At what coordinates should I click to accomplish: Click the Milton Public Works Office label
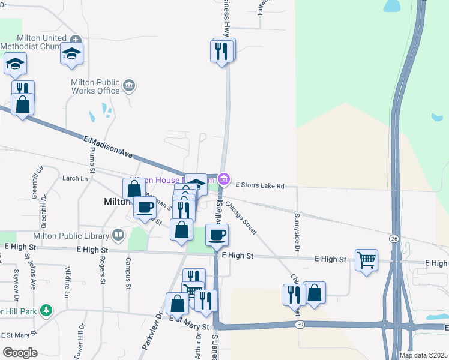coord(95,86)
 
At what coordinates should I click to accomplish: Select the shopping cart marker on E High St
coord(366,260)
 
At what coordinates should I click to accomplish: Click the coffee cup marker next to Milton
coord(144,208)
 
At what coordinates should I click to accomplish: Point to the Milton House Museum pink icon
coord(224,179)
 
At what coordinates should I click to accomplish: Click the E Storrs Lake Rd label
coord(260,186)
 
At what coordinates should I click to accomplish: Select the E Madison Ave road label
coord(108,147)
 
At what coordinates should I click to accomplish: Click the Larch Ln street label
coord(75,178)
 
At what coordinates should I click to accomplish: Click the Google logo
coord(20,353)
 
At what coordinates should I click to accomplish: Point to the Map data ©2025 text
coord(423,355)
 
